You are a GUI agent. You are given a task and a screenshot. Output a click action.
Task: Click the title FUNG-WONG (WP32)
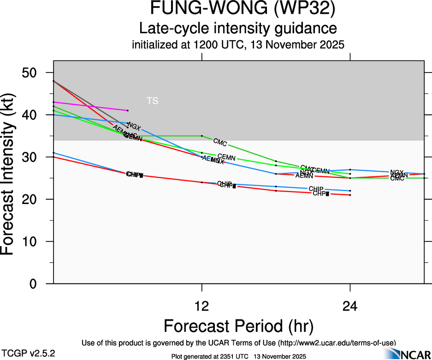click(x=238, y=9)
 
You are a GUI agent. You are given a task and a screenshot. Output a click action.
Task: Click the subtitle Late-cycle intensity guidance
click(x=238, y=28)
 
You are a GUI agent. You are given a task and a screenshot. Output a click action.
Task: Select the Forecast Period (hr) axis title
click(x=238, y=326)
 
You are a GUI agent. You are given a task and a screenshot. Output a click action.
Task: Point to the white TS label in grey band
click(x=152, y=101)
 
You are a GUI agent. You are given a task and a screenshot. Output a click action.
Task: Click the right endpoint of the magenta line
click(x=128, y=110)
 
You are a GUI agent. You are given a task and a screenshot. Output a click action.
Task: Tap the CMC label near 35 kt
click(x=220, y=142)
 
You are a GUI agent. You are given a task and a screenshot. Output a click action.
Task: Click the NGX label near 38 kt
click(x=134, y=126)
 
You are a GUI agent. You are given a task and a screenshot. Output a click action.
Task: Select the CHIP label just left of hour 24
click(x=316, y=189)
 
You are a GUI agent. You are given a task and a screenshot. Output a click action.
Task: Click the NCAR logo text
click(x=414, y=354)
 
